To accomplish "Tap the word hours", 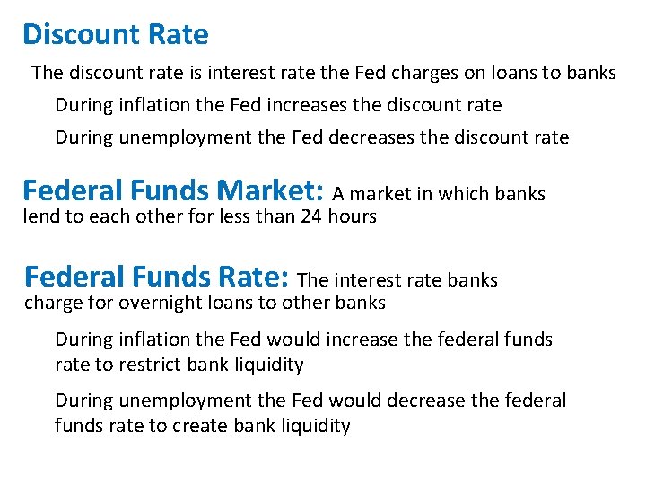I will pos(353,216).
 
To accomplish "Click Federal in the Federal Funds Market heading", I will pos(73,190).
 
